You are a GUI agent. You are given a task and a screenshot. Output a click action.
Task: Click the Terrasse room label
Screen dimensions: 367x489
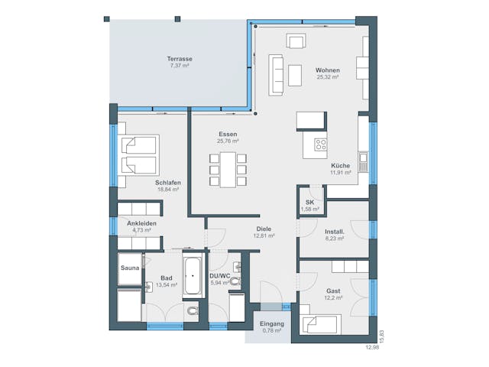(x=180, y=59)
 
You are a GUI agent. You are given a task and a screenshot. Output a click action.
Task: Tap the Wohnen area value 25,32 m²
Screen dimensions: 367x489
(x=327, y=77)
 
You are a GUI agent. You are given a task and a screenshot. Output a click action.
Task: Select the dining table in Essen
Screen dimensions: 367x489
(x=228, y=169)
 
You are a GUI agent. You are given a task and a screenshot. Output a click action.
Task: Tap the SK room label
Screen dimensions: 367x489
(x=309, y=203)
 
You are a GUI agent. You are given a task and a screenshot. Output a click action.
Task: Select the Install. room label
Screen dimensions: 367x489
(x=335, y=231)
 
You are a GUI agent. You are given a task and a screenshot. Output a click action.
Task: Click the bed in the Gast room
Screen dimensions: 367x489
(x=322, y=325)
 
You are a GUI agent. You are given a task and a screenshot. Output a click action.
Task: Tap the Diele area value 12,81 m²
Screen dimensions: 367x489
(x=264, y=235)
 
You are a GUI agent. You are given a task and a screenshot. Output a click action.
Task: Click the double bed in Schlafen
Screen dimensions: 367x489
(x=138, y=155)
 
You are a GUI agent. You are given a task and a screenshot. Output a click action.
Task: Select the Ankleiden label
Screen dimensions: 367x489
(x=142, y=223)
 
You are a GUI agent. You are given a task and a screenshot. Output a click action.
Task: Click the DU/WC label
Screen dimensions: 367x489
(x=220, y=275)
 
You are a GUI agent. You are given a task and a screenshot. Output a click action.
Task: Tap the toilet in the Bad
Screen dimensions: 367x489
(x=191, y=311)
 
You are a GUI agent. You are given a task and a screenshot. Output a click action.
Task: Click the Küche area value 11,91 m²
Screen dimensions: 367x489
(x=340, y=173)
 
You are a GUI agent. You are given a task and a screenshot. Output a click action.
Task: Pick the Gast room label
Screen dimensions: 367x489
(x=333, y=291)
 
